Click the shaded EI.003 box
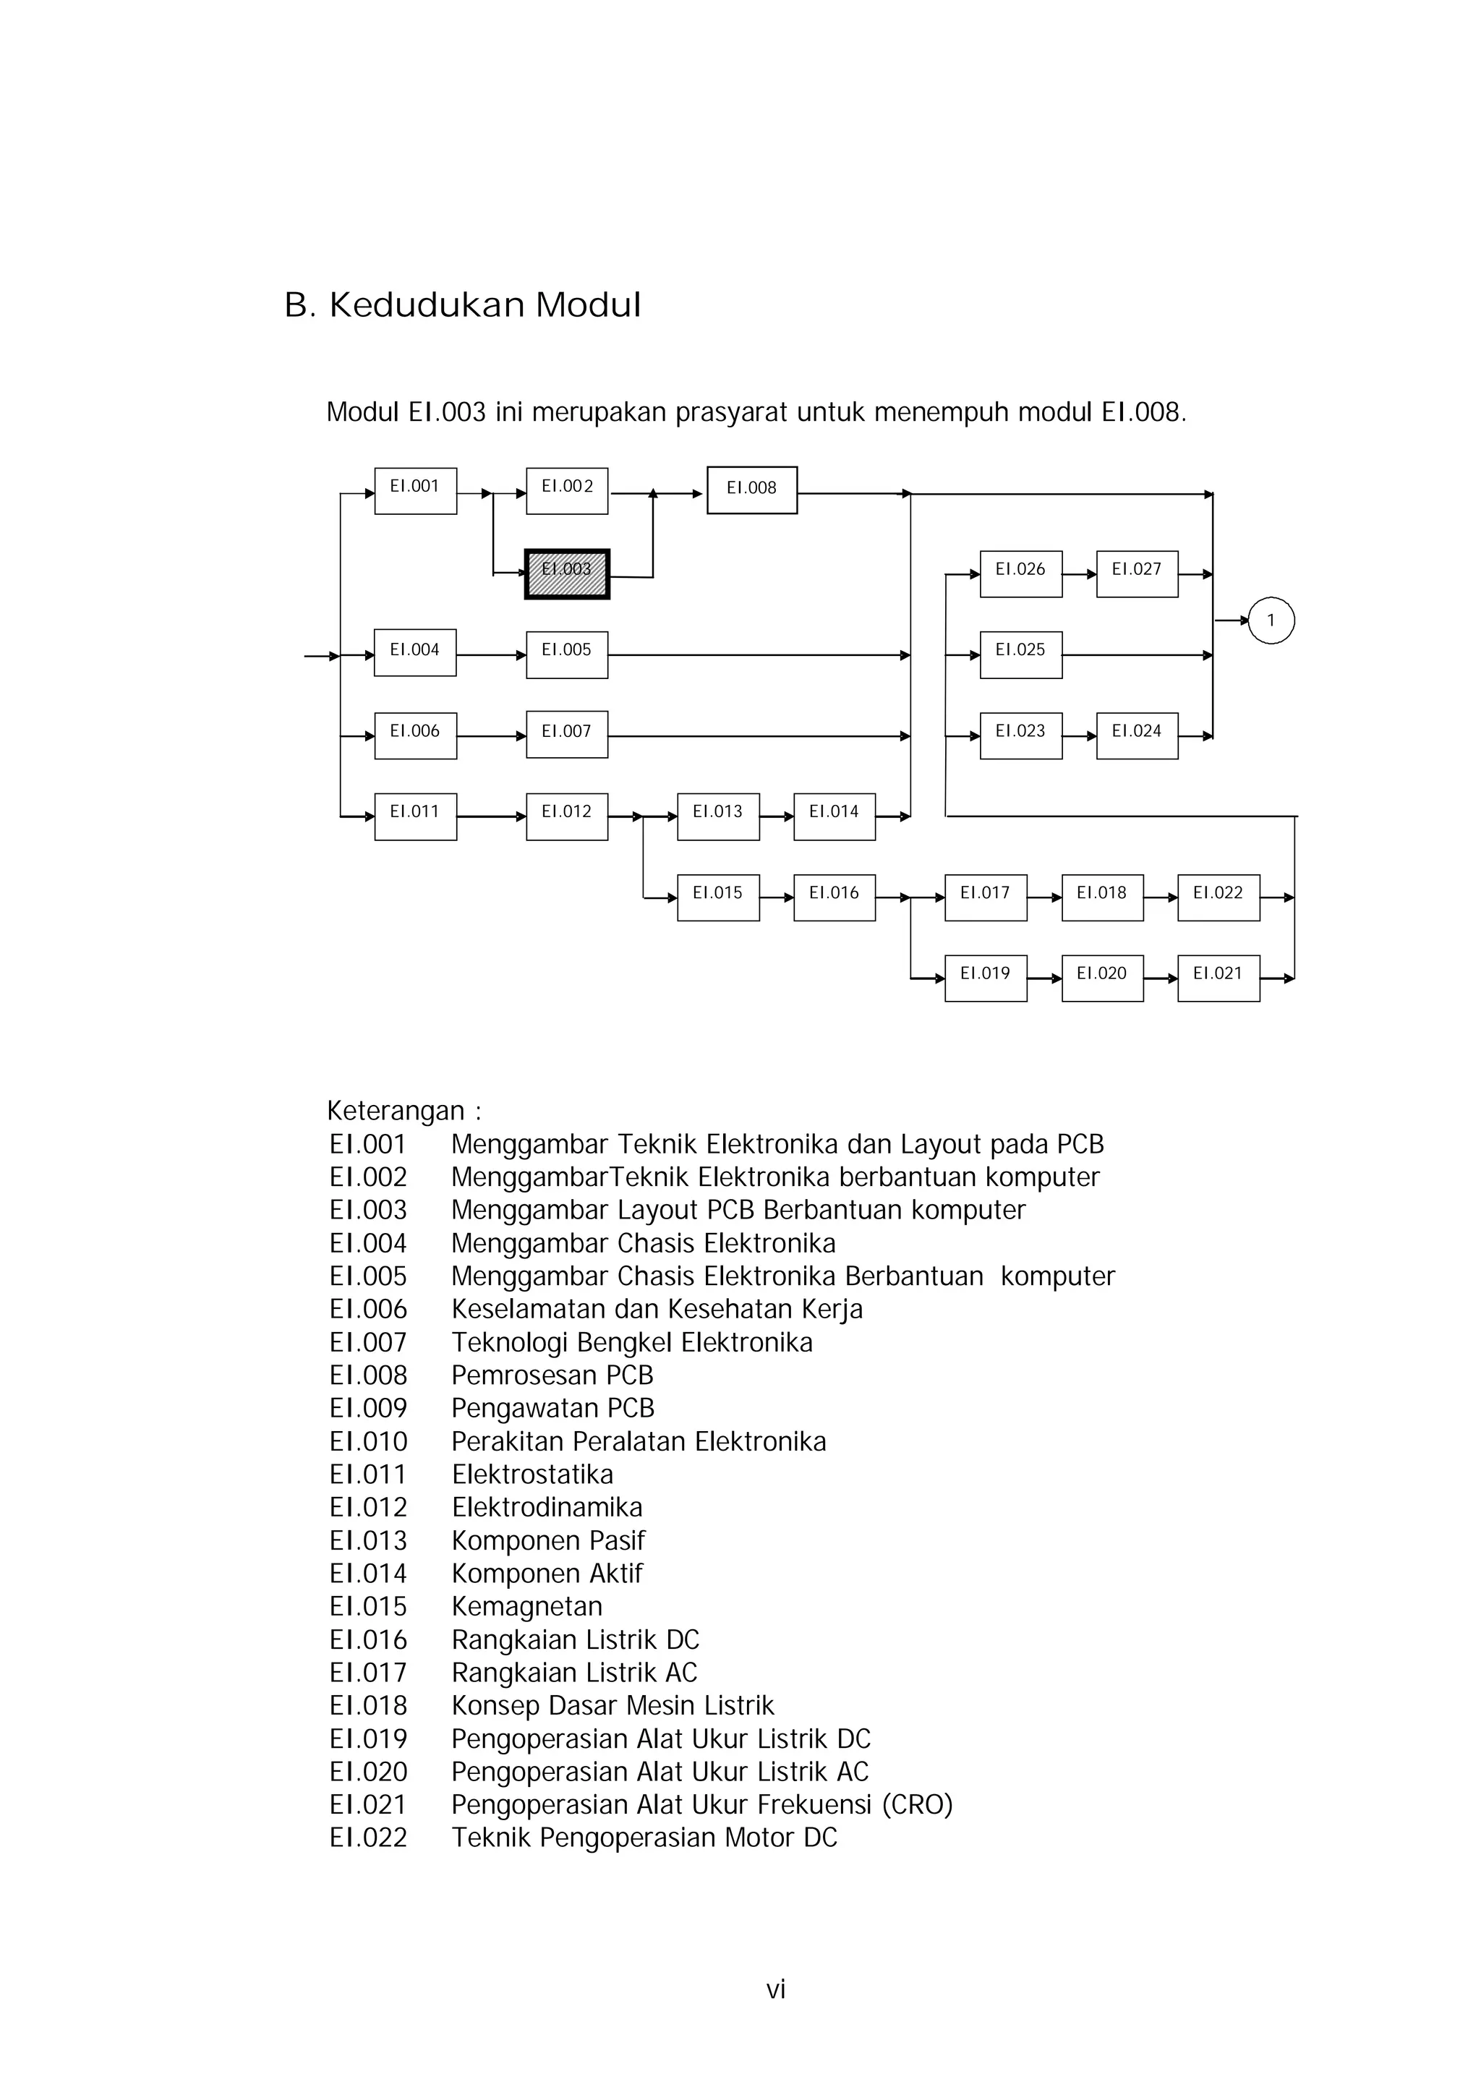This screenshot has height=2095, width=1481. tap(567, 574)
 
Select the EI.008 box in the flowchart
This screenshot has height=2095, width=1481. tap(752, 490)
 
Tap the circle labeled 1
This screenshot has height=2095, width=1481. tap(1271, 620)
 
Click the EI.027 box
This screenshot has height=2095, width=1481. tap(1137, 574)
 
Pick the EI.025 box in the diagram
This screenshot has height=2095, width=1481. tap(1021, 654)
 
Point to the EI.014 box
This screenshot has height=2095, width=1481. tap(834, 816)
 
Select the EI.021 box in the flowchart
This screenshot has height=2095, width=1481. tap(1218, 978)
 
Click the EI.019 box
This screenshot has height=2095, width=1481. tap(986, 978)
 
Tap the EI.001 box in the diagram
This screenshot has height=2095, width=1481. tap(415, 491)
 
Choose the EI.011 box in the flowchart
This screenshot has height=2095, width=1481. tap(415, 816)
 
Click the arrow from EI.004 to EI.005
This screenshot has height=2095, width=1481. tap(491, 655)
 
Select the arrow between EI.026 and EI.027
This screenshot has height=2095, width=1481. tap(1080, 575)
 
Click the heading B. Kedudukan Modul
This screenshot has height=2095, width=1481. tap(463, 304)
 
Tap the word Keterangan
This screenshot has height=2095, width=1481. tap(396, 1111)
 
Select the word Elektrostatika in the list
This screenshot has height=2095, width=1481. tap(532, 1474)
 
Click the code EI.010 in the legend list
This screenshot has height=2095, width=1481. tap(368, 1441)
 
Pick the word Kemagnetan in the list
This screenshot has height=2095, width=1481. tap(526, 1606)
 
